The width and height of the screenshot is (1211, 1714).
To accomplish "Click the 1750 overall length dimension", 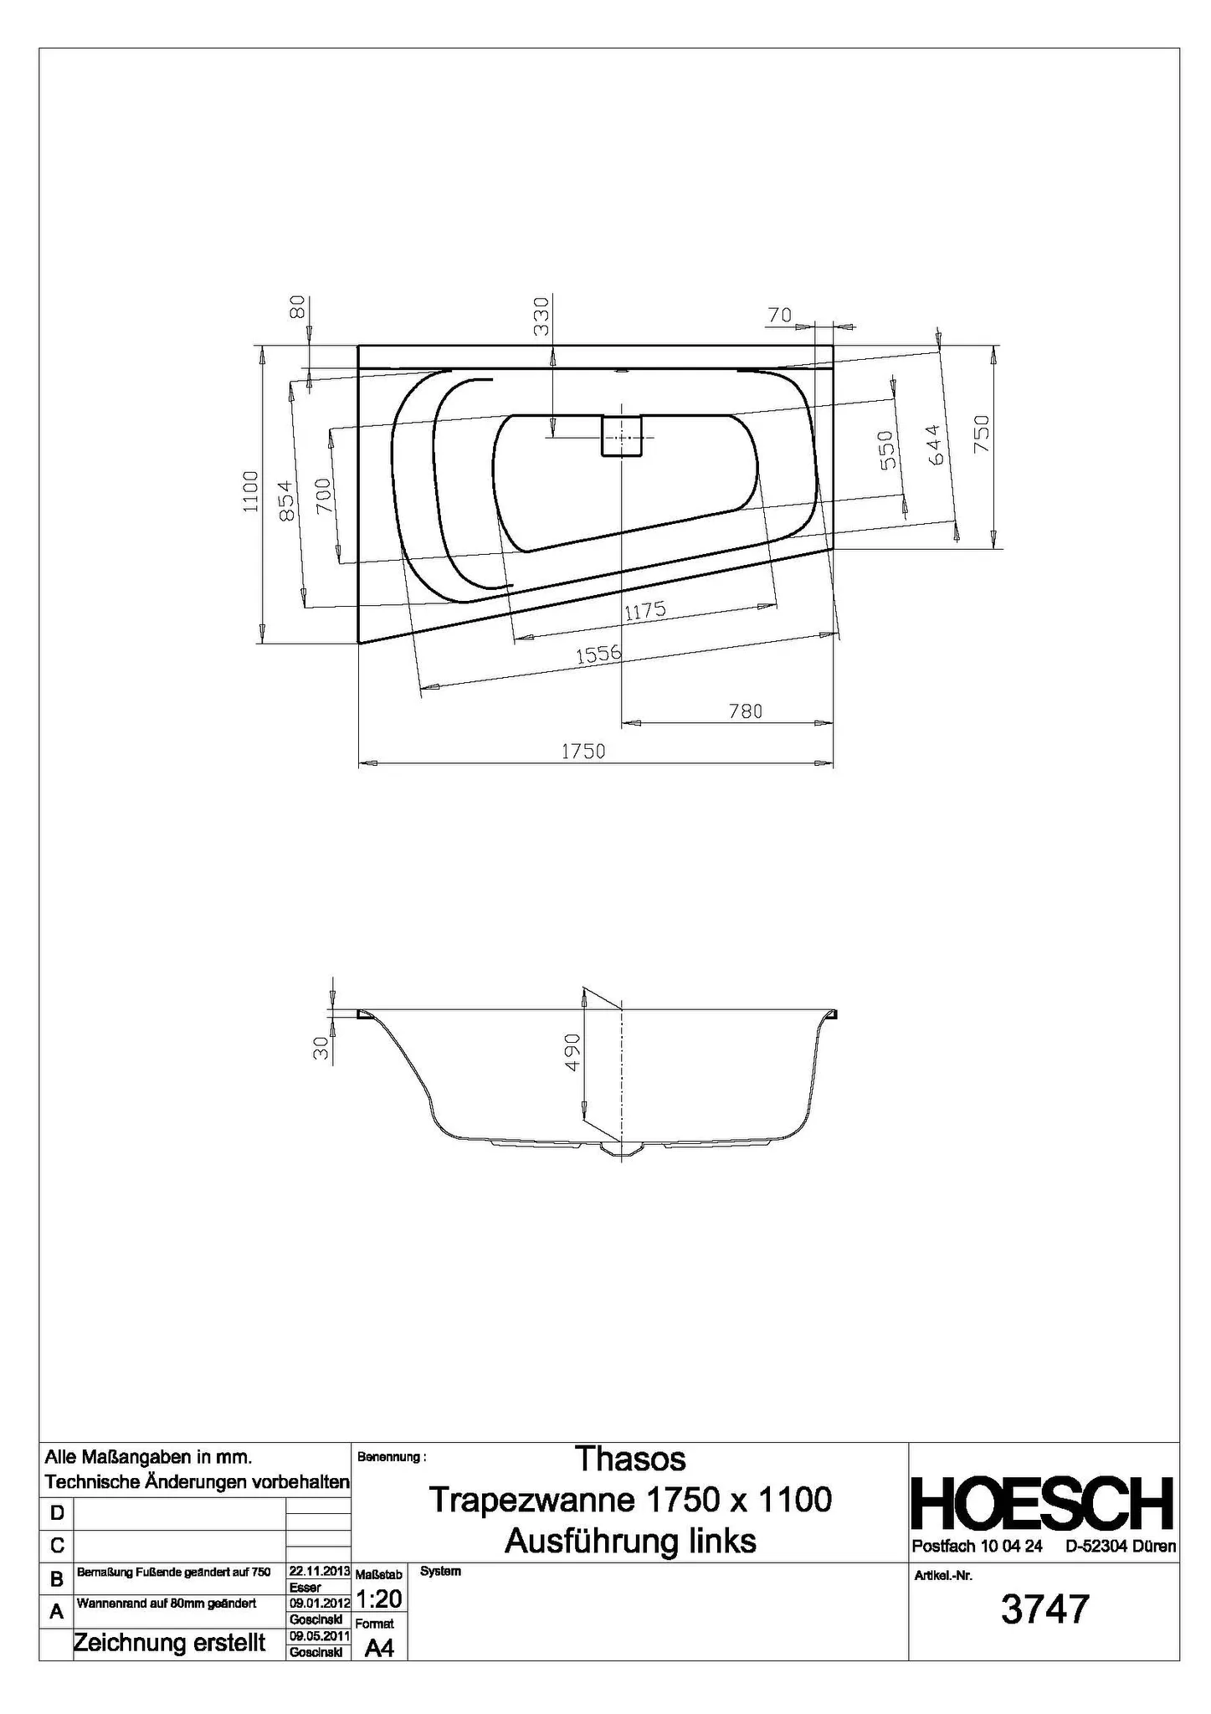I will coord(582,751).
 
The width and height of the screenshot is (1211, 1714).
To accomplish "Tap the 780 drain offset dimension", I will coord(745,711).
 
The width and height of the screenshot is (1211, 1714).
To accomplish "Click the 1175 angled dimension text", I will coord(645,611).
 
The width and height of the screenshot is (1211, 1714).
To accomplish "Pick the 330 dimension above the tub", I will coord(542,316).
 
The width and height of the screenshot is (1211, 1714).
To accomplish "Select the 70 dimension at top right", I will coord(778,316).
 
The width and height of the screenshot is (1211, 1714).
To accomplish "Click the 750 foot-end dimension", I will coord(982,434).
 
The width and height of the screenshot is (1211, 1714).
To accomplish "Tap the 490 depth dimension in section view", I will coord(572,1052).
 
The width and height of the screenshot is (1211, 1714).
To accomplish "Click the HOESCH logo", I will coord(1042,1504).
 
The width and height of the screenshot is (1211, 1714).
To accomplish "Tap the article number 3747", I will coord(1045,1609).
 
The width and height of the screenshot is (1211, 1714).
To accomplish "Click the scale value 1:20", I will coord(379,1599).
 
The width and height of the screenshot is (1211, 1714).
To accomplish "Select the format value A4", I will coord(379,1648).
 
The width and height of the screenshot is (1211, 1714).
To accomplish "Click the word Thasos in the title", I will coord(630,1459).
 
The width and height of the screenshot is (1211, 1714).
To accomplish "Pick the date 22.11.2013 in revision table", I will coord(318,1571).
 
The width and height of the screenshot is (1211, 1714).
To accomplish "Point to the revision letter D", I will coord(57,1512).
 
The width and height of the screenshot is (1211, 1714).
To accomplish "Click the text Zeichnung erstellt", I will coord(170,1643).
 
